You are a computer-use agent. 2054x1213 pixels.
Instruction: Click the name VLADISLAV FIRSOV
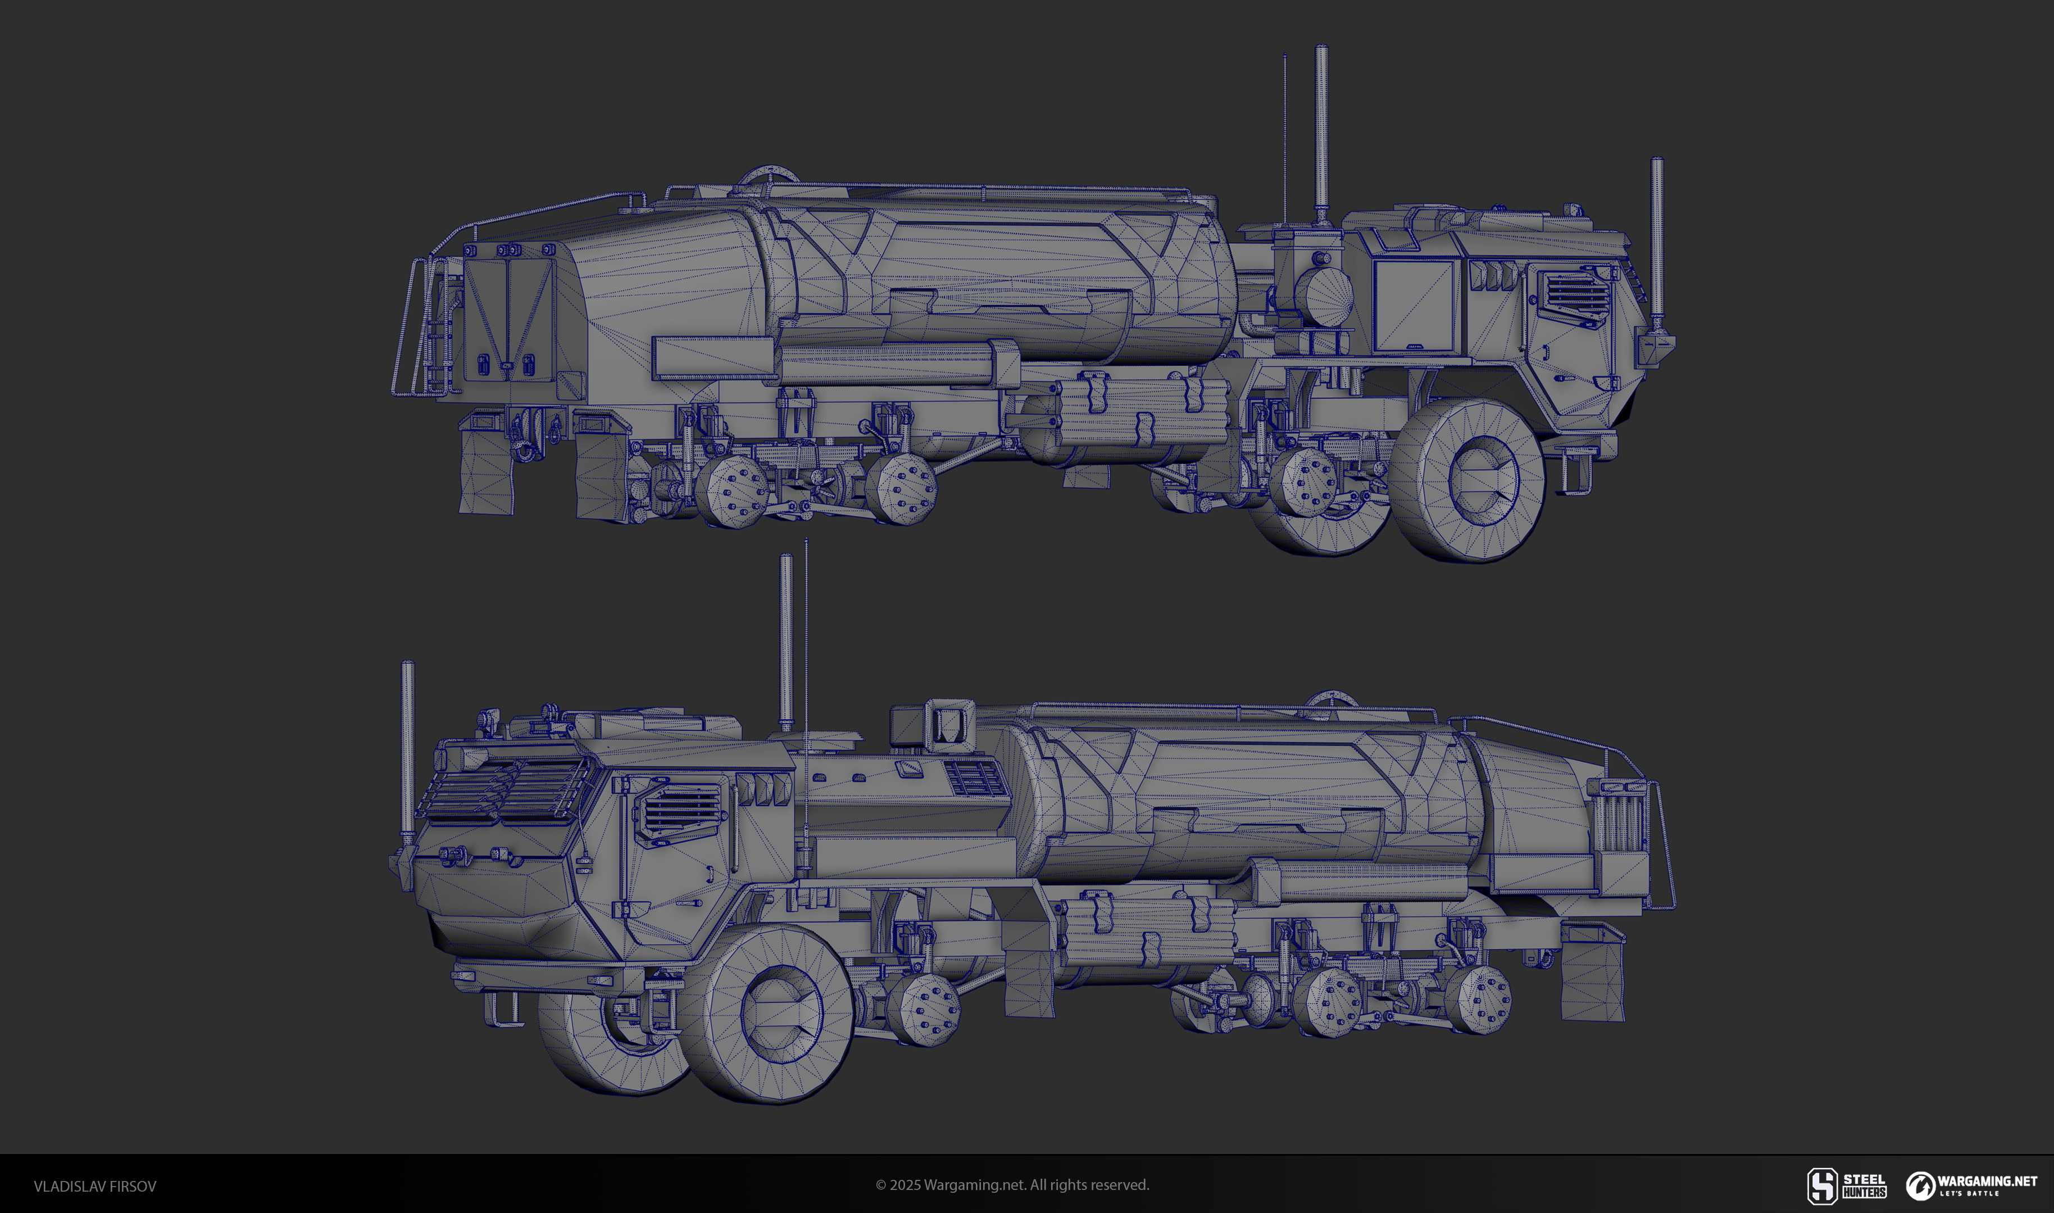[95, 1186]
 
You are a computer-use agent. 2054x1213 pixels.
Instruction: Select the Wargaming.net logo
[1971, 1185]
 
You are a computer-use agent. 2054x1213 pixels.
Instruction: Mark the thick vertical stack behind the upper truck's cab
[1320, 135]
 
